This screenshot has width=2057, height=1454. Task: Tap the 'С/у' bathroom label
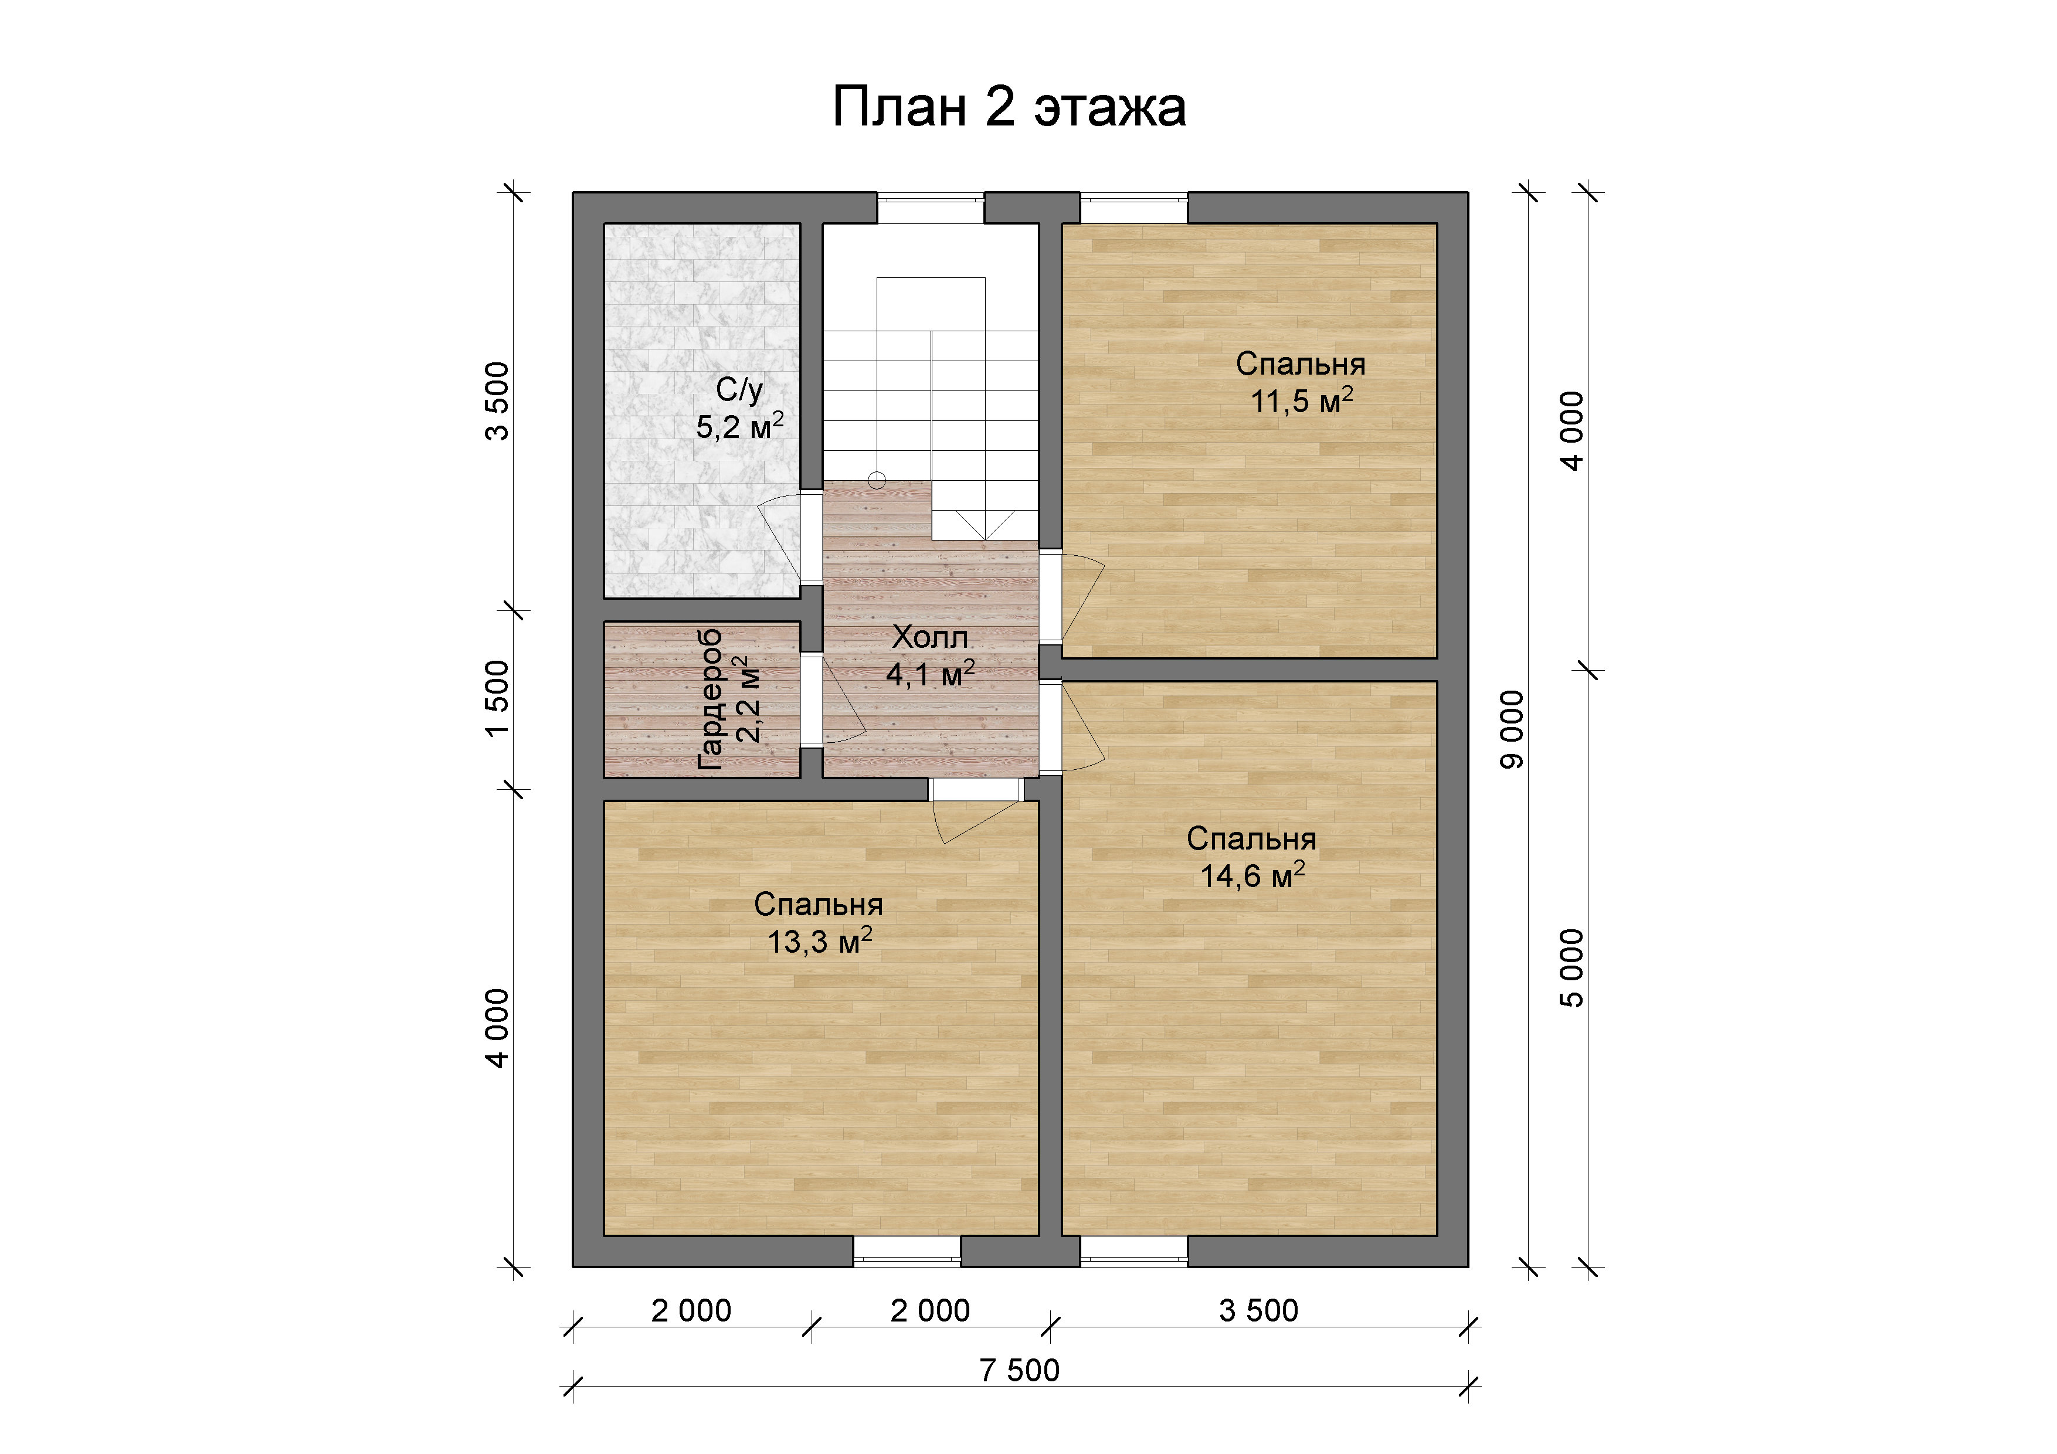(739, 390)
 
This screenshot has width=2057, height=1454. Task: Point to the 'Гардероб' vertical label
(710, 699)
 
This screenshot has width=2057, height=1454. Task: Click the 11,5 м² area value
(1301, 400)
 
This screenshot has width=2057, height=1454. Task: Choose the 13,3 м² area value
(819, 940)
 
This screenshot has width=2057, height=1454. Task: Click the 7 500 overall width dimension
(1020, 1370)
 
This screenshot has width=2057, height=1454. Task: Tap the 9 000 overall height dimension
(1510, 729)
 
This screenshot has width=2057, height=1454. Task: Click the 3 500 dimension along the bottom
(1259, 1311)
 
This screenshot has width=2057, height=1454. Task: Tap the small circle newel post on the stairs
(877, 481)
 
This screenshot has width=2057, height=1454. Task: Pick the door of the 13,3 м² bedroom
(976, 811)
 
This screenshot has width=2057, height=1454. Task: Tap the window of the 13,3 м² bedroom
(907, 1252)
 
